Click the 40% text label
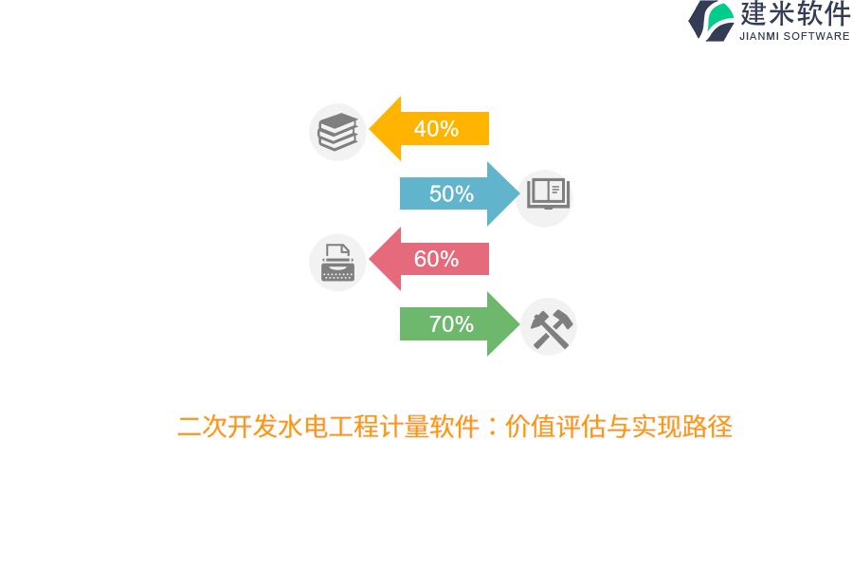click(436, 129)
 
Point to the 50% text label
click(451, 194)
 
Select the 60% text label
click(436, 259)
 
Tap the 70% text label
click(451, 324)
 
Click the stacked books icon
click(337, 132)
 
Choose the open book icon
click(547, 194)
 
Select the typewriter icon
click(337, 263)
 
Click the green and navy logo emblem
click(712, 20)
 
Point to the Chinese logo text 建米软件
click(795, 14)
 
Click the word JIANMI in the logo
click(760, 37)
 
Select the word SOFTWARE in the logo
click(817, 37)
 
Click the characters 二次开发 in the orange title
click(214, 427)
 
